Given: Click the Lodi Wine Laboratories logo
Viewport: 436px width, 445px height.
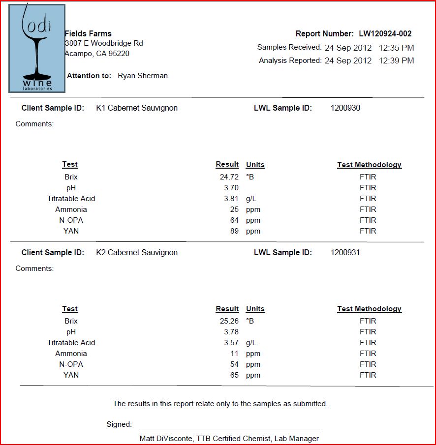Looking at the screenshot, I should [x=37, y=48].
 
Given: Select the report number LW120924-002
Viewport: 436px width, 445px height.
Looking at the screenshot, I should [x=385, y=34].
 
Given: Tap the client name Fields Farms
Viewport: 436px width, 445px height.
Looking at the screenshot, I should [x=88, y=34].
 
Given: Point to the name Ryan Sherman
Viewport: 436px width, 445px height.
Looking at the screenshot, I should [x=143, y=76].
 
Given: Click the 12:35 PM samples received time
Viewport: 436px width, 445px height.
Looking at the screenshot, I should [x=397, y=48].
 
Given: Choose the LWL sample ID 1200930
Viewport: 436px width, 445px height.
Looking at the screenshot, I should [x=345, y=108].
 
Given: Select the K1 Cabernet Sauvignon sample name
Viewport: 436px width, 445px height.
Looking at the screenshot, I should [x=137, y=108].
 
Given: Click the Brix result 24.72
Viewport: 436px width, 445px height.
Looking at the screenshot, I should [x=229, y=177].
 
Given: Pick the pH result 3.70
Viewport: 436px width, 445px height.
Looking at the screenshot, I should [x=231, y=188].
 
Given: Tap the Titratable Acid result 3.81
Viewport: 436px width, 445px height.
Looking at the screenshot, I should [x=231, y=199].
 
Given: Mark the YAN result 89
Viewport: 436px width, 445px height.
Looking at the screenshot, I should [x=234, y=231].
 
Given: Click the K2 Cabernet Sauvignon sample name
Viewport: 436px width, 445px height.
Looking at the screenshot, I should [x=137, y=253].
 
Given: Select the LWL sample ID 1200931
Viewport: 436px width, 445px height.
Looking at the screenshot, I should [x=345, y=253].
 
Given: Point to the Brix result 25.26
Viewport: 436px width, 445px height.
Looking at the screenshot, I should [x=229, y=321].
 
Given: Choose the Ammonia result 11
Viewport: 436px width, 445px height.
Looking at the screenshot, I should [x=234, y=354].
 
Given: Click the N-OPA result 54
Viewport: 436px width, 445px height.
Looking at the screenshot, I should [x=234, y=364].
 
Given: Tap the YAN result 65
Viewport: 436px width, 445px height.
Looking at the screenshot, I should [x=234, y=375].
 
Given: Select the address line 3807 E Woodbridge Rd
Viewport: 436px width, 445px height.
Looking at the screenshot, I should [x=104, y=44].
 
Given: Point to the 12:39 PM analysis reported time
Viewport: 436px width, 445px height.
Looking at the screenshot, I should [x=397, y=61].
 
